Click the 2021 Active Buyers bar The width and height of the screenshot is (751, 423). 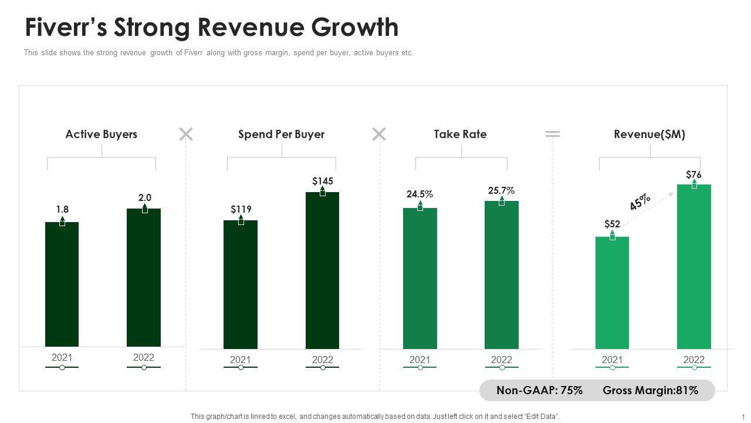click(x=62, y=285)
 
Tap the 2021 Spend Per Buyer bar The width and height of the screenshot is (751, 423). click(x=241, y=285)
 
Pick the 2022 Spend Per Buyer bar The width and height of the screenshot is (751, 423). click(x=322, y=271)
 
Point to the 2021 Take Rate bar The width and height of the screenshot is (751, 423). click(x=420, y=278)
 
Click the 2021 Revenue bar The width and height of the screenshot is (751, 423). click(x=612, y=293)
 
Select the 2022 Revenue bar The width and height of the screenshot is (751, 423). click(x=694, y=267)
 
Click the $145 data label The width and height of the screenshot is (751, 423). click(x=323, y=181)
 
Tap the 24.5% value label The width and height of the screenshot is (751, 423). click(x=420, y=194)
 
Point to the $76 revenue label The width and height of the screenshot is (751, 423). click(x=694, y=174)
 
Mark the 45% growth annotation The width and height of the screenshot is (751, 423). click(x=640, y=202)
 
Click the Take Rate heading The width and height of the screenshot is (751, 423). click(x=460, y=134)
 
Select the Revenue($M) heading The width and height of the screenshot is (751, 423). click(x=649, y=134)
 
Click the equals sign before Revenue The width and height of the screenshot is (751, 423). click(x=553, y=135)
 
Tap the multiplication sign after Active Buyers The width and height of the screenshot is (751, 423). click(x=186, y=135)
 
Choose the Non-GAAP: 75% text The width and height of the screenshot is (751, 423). click(x=539, y=390)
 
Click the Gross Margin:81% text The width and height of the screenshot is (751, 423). click(x=650, y=390)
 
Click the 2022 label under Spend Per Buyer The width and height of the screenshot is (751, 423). click(x=322, y=360)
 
